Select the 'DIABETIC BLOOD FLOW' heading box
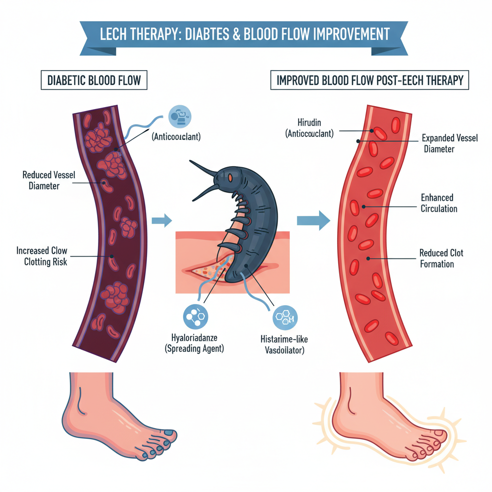[94, 80]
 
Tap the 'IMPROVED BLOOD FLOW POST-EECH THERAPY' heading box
[369, 80]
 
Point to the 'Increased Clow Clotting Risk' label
[42, 257]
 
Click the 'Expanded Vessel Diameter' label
[450, 143]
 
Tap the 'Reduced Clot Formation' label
[441, 258]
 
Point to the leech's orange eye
[230, 179]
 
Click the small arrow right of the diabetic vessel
[161, 221]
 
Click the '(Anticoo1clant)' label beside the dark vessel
[176, 136]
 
